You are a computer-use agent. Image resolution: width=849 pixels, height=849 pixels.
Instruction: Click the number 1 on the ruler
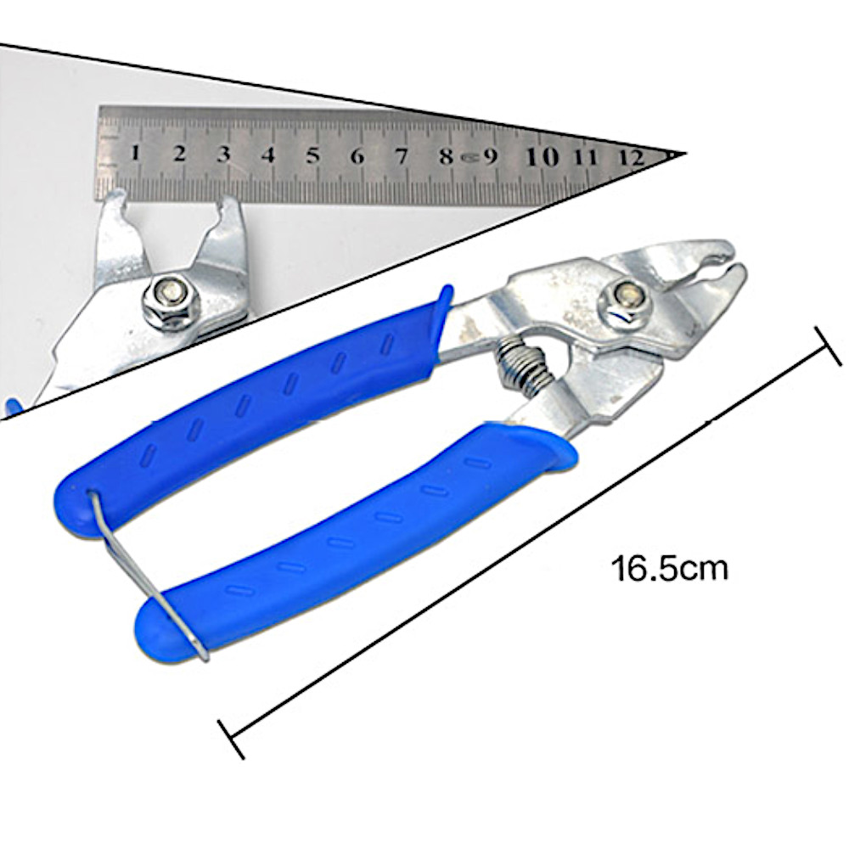click(x=135, y=153)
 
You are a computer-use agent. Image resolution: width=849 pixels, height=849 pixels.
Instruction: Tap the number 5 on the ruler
click(x=313, y=155)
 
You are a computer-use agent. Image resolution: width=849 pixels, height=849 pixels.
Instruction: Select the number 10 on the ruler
click(x=543, y=156)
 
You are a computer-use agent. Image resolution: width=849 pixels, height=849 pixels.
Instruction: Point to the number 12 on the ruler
click(x=632, y=157)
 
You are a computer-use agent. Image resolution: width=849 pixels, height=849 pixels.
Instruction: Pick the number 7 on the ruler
click(x=402, y=156)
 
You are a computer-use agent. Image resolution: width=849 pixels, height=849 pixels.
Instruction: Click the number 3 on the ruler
click(x=223, y=154)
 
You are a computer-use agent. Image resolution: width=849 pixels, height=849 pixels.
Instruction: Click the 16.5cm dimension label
click(x=670, y=569)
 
